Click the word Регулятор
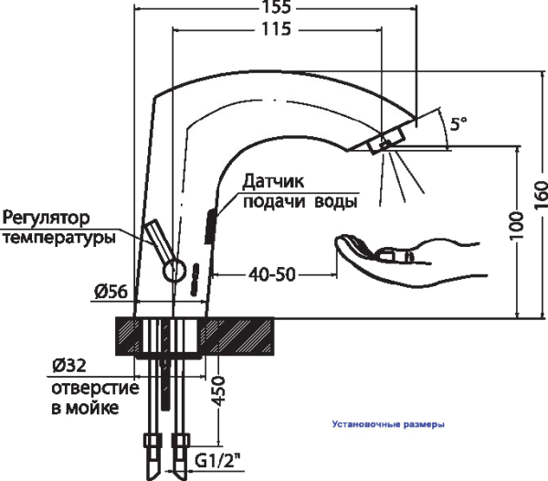pos(48,219)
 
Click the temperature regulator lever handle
pos(155,240)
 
